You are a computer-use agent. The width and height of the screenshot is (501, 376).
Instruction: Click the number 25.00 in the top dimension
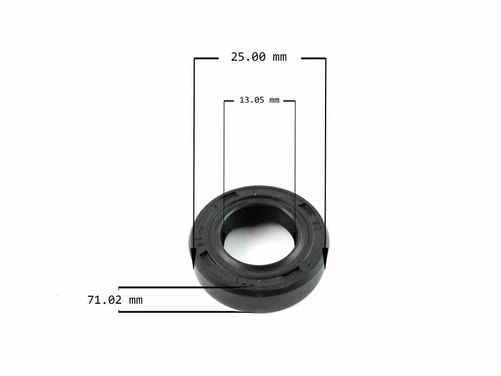(x=249, y=57)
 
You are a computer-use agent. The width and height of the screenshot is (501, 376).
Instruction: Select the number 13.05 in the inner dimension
(x=252, y=100)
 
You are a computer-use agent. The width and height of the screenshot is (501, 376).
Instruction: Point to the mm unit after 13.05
(x=274, y=100)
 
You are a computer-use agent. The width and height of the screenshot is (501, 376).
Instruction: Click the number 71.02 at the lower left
(x=105, y=300)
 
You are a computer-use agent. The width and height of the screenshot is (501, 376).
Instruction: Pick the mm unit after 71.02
(x=135, y=300)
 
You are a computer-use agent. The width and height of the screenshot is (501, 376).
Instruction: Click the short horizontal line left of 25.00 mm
(x=206, y=58)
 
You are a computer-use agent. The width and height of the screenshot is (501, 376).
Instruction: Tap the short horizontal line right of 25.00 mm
(x=313, y=58)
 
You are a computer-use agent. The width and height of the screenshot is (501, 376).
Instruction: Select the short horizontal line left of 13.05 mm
(x=230, y=101)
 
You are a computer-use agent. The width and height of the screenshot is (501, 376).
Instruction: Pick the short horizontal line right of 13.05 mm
(x=289, y=101)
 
